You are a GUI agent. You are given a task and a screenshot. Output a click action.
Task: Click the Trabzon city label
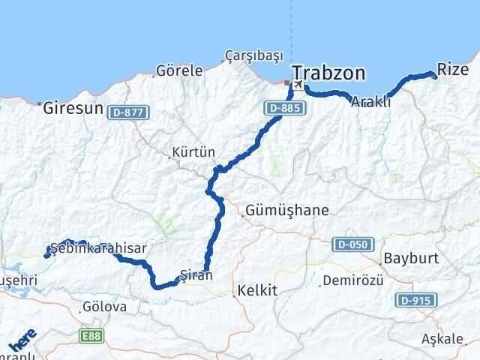click(329, 73)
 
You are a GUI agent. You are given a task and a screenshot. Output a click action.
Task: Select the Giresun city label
click(72, 108)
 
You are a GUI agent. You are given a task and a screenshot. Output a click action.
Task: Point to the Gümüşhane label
click(286, 211)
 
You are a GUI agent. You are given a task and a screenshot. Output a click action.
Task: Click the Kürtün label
click(193, 151)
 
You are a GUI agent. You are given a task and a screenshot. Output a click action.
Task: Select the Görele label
click(178, 71)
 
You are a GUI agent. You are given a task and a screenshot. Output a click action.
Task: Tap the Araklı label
click(370, 103)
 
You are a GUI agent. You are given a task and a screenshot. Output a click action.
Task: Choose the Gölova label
click(106, 306)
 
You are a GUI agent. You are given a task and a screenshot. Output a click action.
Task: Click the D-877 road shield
click(129, 112)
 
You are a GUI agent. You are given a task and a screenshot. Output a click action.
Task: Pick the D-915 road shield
click(413, 300)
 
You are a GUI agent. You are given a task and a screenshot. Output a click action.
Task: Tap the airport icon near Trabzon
click(298, 85)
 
